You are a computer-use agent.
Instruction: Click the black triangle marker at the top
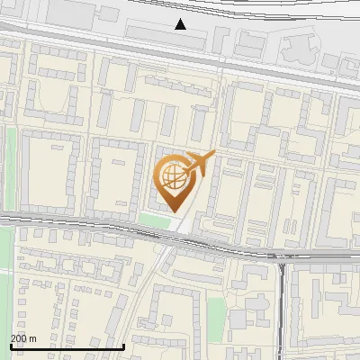tap(181, 24)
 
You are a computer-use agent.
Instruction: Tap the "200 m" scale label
tap(23, 338)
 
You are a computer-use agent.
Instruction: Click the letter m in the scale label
tap(32, 338)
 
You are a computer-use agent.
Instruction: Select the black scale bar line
tap(67, 346)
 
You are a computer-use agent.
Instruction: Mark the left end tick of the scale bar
tap(10, 346)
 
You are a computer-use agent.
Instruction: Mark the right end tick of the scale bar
tap(123, 346)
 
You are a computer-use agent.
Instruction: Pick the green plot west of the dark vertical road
tap(216, 314)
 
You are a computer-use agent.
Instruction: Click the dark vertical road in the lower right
tap(283, 315)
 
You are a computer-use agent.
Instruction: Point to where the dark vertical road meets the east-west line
tap(283, 257)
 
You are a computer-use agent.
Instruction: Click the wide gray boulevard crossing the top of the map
tap(180, 58)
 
